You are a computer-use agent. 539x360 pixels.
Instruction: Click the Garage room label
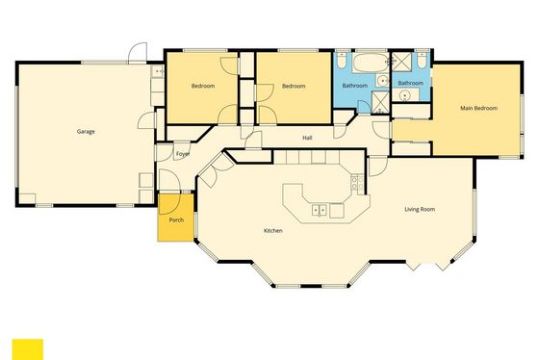click(86, 131)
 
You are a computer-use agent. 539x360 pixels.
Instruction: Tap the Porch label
click(176, 219)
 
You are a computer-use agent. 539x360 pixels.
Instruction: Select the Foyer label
click(183, 154)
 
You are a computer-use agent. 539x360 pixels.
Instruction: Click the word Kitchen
click(273, 230)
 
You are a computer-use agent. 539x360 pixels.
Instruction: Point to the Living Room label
click(420, 209)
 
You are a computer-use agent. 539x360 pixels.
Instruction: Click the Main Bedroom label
click(478, 108)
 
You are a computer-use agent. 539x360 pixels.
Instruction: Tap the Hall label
click(307, 138)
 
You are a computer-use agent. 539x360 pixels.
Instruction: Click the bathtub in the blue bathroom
click(370, 63)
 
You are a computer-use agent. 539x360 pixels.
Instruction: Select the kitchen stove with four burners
click(357, 183)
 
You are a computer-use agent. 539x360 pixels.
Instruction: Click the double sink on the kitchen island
click(320, 210)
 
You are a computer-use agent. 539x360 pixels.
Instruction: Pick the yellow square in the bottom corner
click(28, 349)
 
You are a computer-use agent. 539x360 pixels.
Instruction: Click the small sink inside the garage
click(158, 71)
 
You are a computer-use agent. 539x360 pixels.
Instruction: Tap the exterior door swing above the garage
click(138, 53)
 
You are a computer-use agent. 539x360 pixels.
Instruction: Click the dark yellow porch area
click(175, 218)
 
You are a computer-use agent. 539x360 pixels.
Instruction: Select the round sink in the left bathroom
click(382, 81)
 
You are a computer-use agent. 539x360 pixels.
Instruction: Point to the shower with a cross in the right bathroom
click(402, 62)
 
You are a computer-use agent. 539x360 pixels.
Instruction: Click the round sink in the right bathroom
click(405, 94)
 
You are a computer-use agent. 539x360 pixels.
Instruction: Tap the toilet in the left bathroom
click(342, 61)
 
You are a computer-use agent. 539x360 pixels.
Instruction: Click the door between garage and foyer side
click(147, 120)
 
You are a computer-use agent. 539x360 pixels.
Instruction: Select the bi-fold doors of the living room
click(428, 265)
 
